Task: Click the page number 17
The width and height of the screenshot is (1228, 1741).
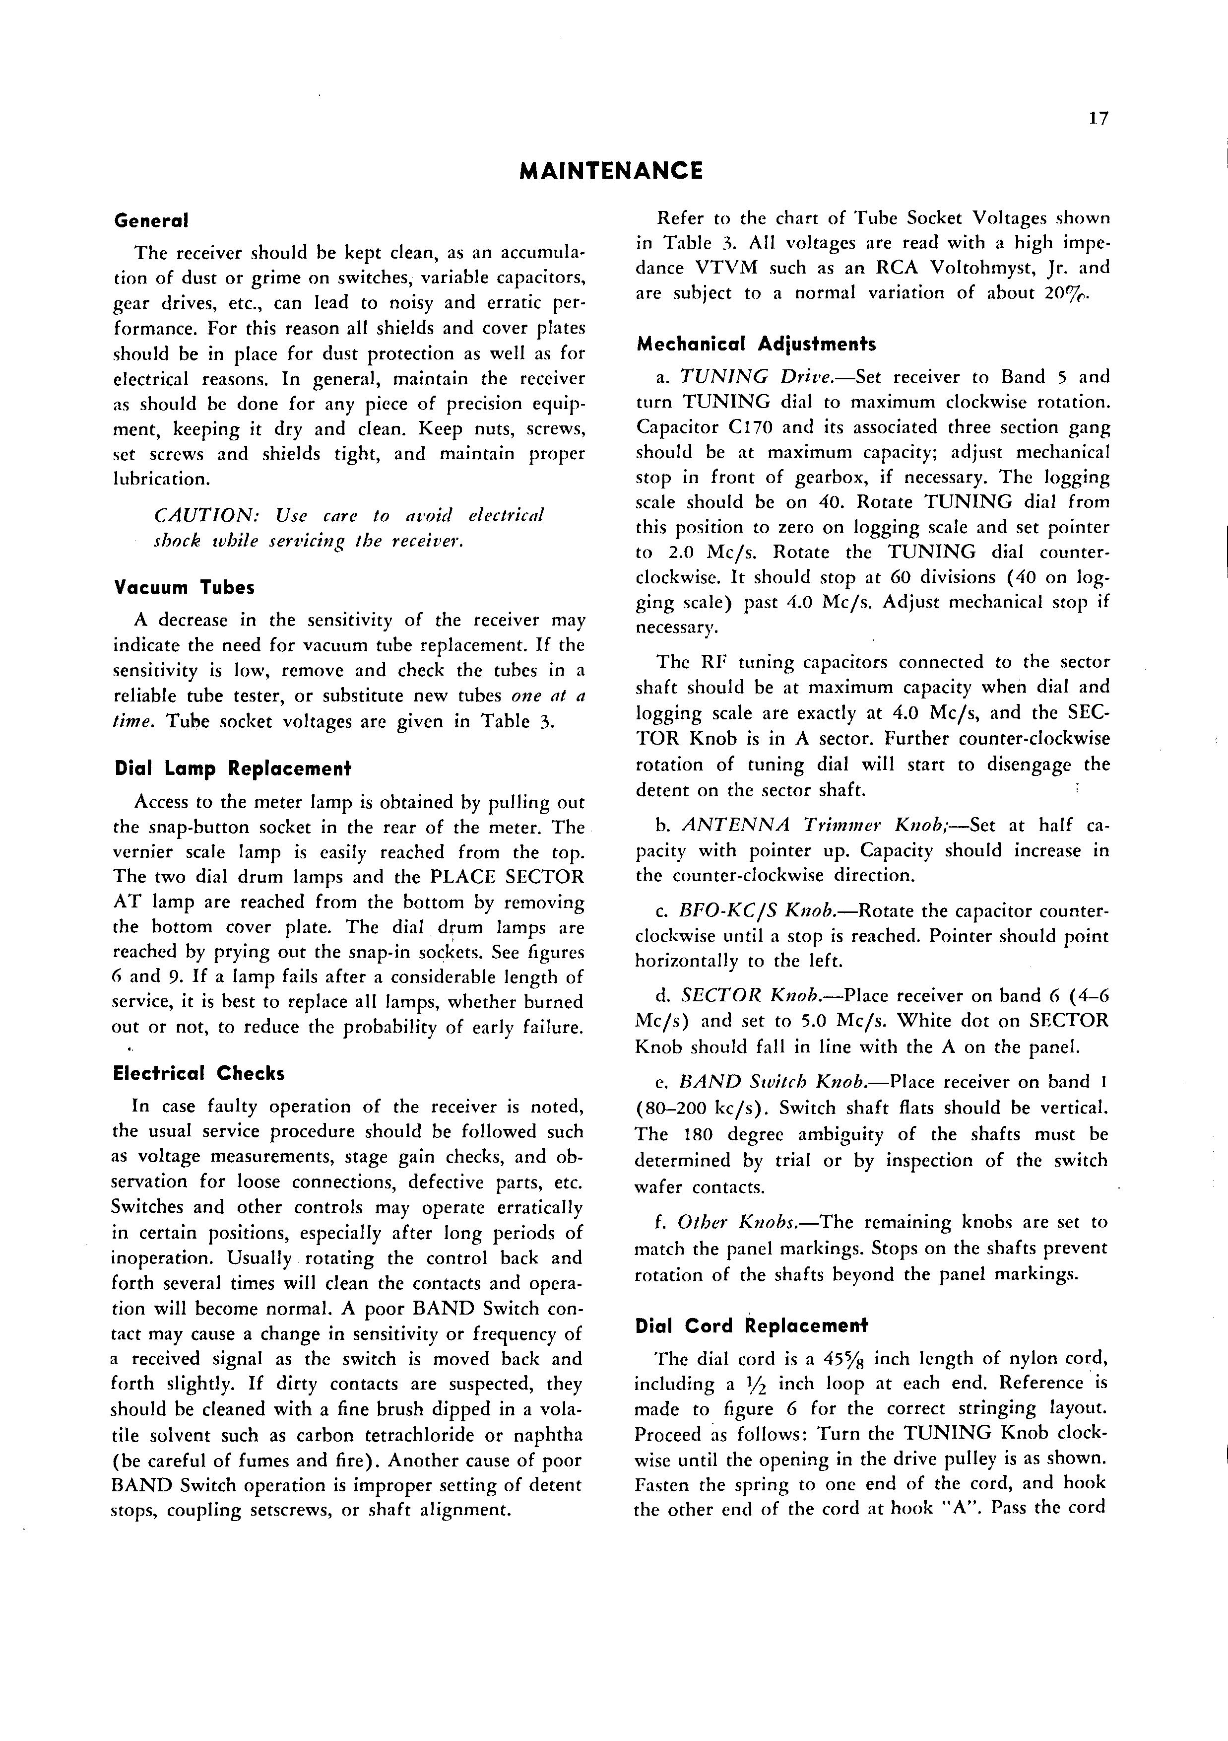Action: tap(1099, 119)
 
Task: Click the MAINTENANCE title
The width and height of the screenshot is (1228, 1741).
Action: tap(611, 171)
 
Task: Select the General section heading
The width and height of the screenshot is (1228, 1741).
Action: tap(151, 220)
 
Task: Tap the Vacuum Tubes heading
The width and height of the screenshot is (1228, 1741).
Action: tap(184, 588)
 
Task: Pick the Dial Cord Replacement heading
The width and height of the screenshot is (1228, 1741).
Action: tap(750, 1325)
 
